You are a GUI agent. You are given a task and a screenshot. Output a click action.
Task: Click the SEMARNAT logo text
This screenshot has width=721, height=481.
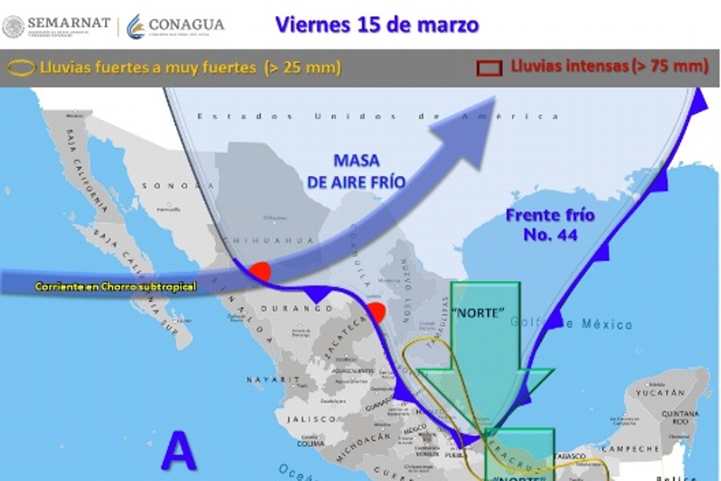[x=68, y=23]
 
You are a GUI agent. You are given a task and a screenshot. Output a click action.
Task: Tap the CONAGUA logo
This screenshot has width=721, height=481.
[x=175, y=25]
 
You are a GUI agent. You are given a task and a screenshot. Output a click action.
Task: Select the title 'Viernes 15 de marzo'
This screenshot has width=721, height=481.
[x=377, y=25]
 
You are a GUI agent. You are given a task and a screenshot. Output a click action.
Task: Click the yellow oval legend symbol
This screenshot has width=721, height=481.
[x=20, y=68]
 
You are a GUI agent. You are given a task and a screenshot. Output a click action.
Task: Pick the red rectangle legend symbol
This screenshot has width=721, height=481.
[x=489, y=68]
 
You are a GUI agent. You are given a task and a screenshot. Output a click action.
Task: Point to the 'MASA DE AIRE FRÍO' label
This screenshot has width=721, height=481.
[x=356, y=171]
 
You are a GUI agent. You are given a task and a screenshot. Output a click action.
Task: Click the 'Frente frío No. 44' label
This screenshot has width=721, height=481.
[x=550, y=225]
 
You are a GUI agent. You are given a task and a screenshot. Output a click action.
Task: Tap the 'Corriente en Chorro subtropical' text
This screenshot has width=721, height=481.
[x=115, y=287]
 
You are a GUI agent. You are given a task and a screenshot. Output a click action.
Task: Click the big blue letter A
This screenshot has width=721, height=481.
[x=179, y=451]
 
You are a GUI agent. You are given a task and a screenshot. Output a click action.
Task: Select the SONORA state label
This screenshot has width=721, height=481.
[x=170, y=186]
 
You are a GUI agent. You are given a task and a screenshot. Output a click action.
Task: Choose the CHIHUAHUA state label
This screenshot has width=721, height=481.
[x=268, y=241]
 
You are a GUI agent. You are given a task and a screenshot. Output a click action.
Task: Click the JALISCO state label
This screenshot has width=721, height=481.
[x=311, y=419]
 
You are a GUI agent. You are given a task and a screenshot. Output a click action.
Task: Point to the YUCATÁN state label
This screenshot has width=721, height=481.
[x=660, y=392]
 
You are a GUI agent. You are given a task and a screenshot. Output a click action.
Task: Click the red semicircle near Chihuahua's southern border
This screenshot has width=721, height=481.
[x=260, y=272]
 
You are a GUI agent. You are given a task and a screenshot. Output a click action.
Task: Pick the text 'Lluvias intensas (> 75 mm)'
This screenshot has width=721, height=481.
[x=609, y=66]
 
